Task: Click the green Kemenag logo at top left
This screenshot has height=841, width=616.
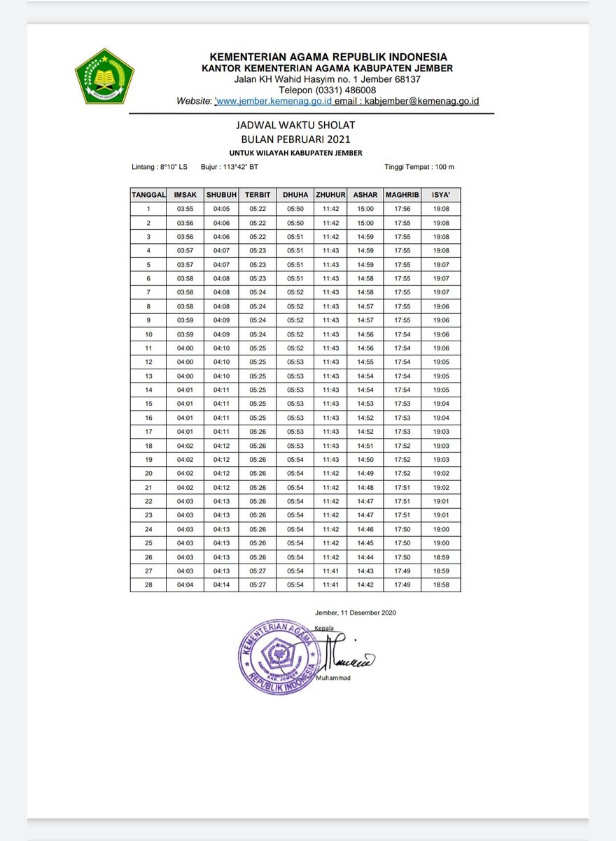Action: (x=104, y=76)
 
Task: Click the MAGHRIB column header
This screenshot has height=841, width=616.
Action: (x=402, y=195)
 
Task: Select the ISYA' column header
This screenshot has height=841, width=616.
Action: (x=441, y=195)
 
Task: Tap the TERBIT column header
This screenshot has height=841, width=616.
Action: (x=258, y=195)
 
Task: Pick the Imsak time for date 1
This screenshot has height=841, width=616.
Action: (x=185, y=209)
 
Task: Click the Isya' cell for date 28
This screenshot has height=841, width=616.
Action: (x=441, y=584)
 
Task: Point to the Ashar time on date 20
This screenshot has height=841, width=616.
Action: (x=365, y=474)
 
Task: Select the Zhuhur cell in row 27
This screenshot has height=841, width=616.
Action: (x=330, y=571)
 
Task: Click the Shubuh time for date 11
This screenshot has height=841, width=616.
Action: (x=222, y=348)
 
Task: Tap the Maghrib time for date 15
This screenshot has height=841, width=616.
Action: (x=402, y=404)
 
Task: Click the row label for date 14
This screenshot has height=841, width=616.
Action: (x=148, y=390)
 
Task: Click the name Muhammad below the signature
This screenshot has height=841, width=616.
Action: (x=332, y=678)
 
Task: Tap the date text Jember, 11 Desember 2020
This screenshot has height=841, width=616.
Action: (x=356, y=613)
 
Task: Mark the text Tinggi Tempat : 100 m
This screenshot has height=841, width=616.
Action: (x=419, y=167)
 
